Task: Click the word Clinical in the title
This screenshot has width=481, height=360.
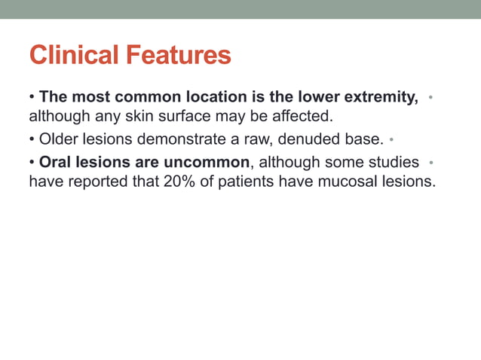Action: (74, 55)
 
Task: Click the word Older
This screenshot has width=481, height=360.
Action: (58, 140)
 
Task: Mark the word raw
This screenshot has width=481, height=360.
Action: (243, 140)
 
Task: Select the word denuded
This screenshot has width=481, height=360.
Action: (299, 140)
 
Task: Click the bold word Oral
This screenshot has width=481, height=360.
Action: (55, 162)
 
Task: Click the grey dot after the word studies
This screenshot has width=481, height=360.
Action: (430, 162)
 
